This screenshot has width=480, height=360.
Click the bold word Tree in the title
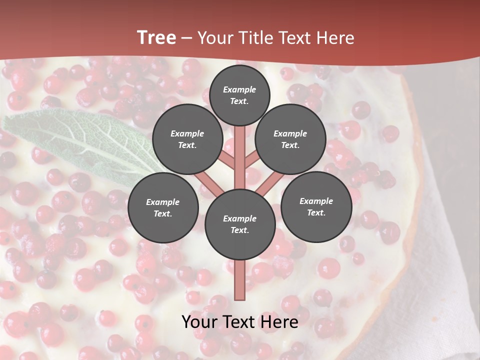[x=156, y=38]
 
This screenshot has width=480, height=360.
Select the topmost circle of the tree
[x=239, y=95]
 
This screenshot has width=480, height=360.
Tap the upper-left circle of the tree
[x=187, y=139]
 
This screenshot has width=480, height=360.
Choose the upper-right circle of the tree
[x=290, y=139]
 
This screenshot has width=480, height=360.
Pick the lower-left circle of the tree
[x=162, y=207]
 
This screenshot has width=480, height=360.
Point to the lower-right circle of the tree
[x=316, y=206]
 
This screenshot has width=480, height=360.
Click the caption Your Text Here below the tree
[x=239, y=322]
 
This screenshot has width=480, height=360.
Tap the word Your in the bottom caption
[x=198, y=322]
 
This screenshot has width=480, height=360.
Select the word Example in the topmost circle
[x=239, y=89]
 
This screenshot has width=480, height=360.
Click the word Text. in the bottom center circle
[x=239, y=230]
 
